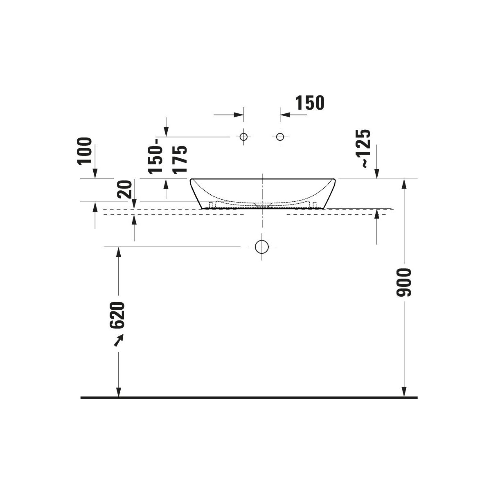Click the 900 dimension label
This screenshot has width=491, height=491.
point(404,282)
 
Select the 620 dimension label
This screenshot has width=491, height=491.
point(117,315)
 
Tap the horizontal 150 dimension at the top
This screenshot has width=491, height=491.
point(310,103)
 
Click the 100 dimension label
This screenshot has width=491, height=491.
point(84,151)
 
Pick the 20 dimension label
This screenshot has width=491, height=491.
point(125,189)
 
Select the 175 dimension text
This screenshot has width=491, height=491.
point(180,160)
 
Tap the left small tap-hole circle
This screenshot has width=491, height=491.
point(243,137)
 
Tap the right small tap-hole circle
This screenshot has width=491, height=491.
point(280,137)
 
